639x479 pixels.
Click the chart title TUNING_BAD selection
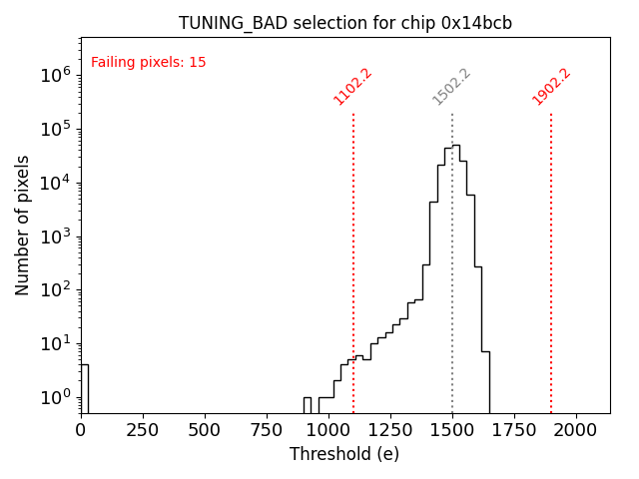[x=344, y=23]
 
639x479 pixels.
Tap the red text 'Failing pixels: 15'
[x=148, y=62]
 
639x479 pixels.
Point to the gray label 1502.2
[x=451, y=86]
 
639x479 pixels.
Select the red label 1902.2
[x=551, y=86]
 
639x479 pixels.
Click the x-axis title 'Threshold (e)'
[x=344, y=454]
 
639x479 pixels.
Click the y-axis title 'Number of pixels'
[x=23, y=225]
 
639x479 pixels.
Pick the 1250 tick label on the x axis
[x=390, y=429]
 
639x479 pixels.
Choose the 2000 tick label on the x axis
[x=576, y=429]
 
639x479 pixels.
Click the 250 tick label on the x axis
[x=143, y=429]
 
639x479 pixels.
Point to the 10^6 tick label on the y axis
[x=55, y=75]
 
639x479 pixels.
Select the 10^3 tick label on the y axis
[x=55, y=237]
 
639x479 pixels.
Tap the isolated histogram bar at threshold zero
[x=84, y=389]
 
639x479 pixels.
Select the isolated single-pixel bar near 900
[x=308, y=405]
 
